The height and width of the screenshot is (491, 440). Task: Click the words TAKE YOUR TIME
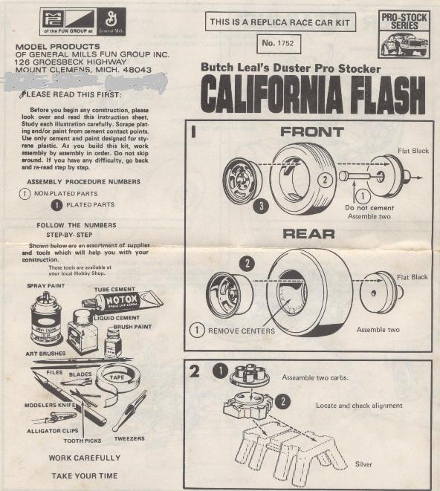(x=84, y=475)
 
